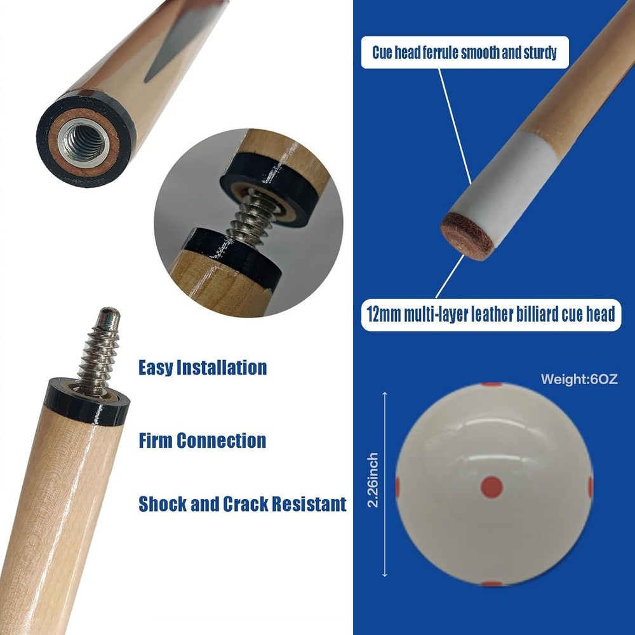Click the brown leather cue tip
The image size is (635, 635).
point(467,236)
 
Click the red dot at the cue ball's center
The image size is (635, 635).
point(492,487)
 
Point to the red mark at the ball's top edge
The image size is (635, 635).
point(492,385)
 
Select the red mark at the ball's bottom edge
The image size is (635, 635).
point(492,584)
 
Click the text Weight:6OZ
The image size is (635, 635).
point(578,380)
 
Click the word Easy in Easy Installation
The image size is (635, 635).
point(156,368)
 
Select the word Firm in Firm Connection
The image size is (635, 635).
point(156,440)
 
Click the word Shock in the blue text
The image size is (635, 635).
point(163,504)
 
